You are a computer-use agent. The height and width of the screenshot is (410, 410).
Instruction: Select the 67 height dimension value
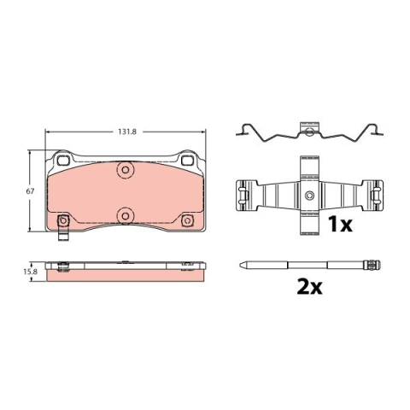[30, 191]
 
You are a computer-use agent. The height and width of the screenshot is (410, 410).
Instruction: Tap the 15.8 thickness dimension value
[30, 272]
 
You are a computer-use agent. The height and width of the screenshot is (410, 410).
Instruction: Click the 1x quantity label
[340, 224]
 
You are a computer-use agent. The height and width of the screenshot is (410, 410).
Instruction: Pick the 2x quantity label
[309, 287]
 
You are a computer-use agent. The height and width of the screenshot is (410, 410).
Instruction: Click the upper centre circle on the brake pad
[126, 170]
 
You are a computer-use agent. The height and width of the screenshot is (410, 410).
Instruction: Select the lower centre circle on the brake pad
[126, 216]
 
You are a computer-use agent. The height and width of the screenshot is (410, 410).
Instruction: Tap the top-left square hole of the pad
[63, 161]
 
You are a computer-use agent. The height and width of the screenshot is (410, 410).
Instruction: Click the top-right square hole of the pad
[187, 161]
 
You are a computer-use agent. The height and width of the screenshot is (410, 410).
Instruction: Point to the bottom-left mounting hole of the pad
[63, 220]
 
